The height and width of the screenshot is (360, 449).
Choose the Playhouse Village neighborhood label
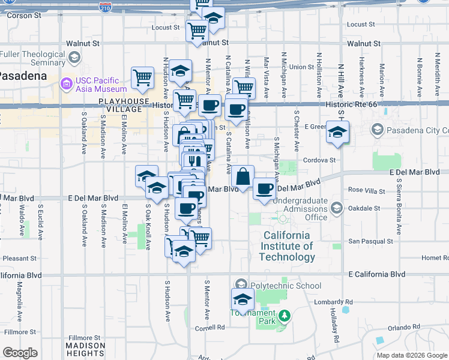(124, 105)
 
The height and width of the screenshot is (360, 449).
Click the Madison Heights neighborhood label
(85, 349)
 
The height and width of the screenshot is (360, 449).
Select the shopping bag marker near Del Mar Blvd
(243, 177)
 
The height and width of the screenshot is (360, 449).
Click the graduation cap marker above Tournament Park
(243, 299)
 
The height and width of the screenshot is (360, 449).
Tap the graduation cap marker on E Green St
(337, 131)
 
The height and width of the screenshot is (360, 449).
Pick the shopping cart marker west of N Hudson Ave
(142, 77)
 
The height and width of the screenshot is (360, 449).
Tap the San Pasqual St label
(370, 241)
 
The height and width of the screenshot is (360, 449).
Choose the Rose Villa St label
(367, 190)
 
